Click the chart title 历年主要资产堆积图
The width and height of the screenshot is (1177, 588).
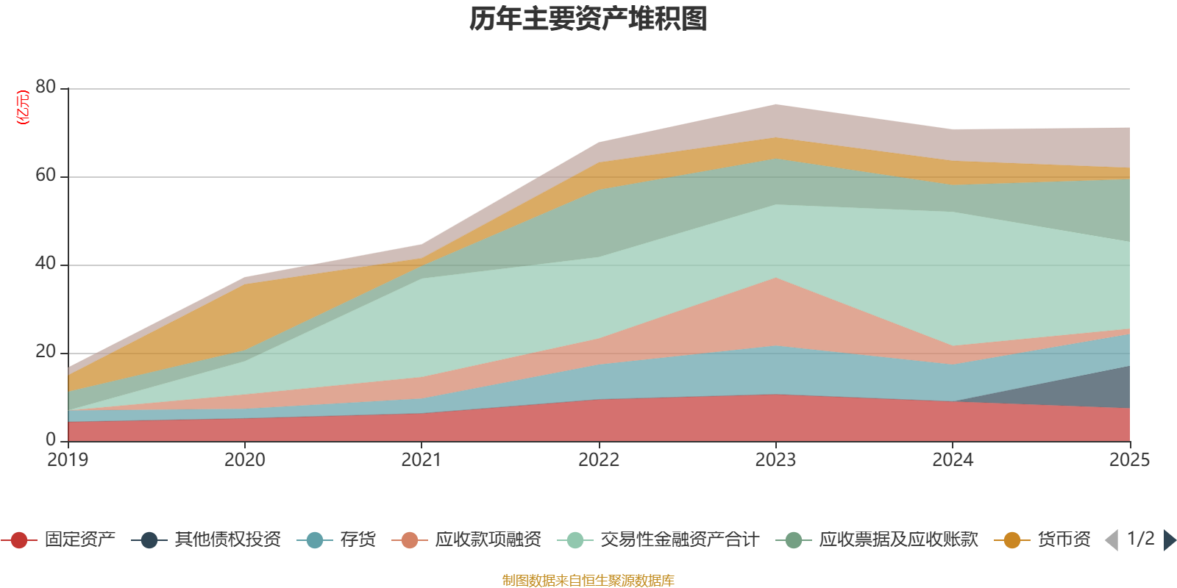click(x=588, y=19)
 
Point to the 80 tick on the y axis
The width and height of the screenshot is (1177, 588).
click(x=46, y=87)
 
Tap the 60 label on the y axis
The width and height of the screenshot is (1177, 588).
click(x=46, y=175)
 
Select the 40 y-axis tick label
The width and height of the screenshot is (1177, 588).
click(x=46, y=263)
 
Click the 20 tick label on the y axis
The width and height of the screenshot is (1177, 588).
click(x=46, y=351)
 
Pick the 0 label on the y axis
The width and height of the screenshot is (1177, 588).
click(x=51, y=440)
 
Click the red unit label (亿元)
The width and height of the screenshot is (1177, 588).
click(x=23, y=107)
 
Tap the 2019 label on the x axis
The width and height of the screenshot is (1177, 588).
click(x=68, y=460)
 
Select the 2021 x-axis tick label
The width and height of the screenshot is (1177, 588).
click(x=422, y=460)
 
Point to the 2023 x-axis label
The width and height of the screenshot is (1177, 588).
click(x=775, y=460)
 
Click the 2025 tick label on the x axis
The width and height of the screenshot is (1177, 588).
click(x=1130, y=460)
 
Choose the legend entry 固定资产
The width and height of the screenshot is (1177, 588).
click(x=58, y=539)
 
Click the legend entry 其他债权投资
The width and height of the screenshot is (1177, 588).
click(x=206, y=539)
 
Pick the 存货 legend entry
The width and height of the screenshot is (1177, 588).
click(x=336, y=539)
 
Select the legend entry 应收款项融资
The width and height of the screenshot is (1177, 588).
click(x=466, y=539)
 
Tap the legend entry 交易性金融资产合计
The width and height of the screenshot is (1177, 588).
click(x=658, y=539)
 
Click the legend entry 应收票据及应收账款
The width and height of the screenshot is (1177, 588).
click(x=877, y=539)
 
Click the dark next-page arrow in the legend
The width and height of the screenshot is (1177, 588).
click(x=1170, y=539)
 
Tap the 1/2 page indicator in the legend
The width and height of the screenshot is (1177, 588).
click(x=1141, y=539)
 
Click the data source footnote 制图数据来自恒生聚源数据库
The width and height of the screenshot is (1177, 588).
click(x=588, y=580)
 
